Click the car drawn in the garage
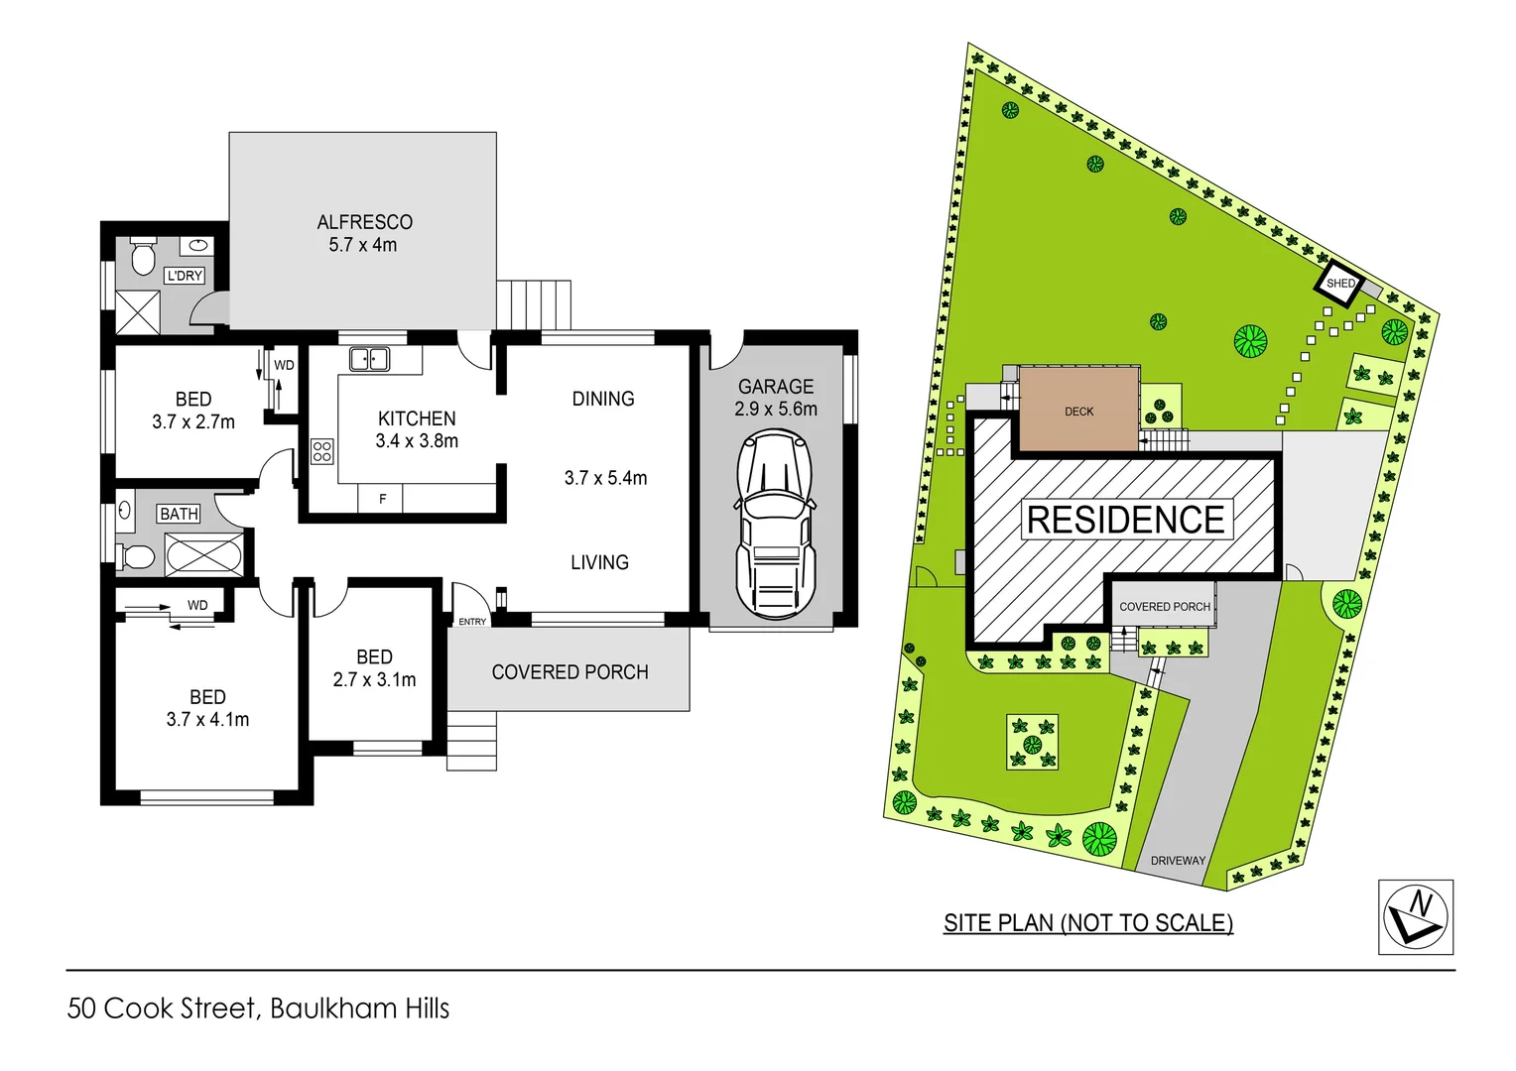point(774,526)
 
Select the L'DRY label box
point(185,276)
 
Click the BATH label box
point(179,514)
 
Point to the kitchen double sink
point(370,359)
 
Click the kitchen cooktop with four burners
point(322,451)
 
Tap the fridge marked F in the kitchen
point(382,499)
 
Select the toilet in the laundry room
point(144,255)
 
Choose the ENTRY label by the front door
point(472,622)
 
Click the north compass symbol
point(1416,916)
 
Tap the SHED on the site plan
point(1340,283)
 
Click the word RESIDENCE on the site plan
point(1125,520)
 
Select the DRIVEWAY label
point(1178,860)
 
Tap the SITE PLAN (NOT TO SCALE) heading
point(1088,923)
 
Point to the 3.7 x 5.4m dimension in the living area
point(605,478)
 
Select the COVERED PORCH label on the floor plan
point(569,672)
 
